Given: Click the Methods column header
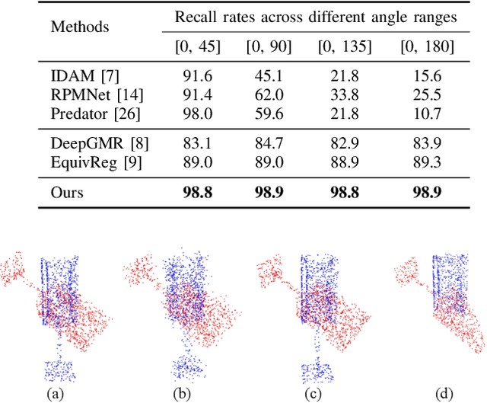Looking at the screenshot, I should tap(78, 27).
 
